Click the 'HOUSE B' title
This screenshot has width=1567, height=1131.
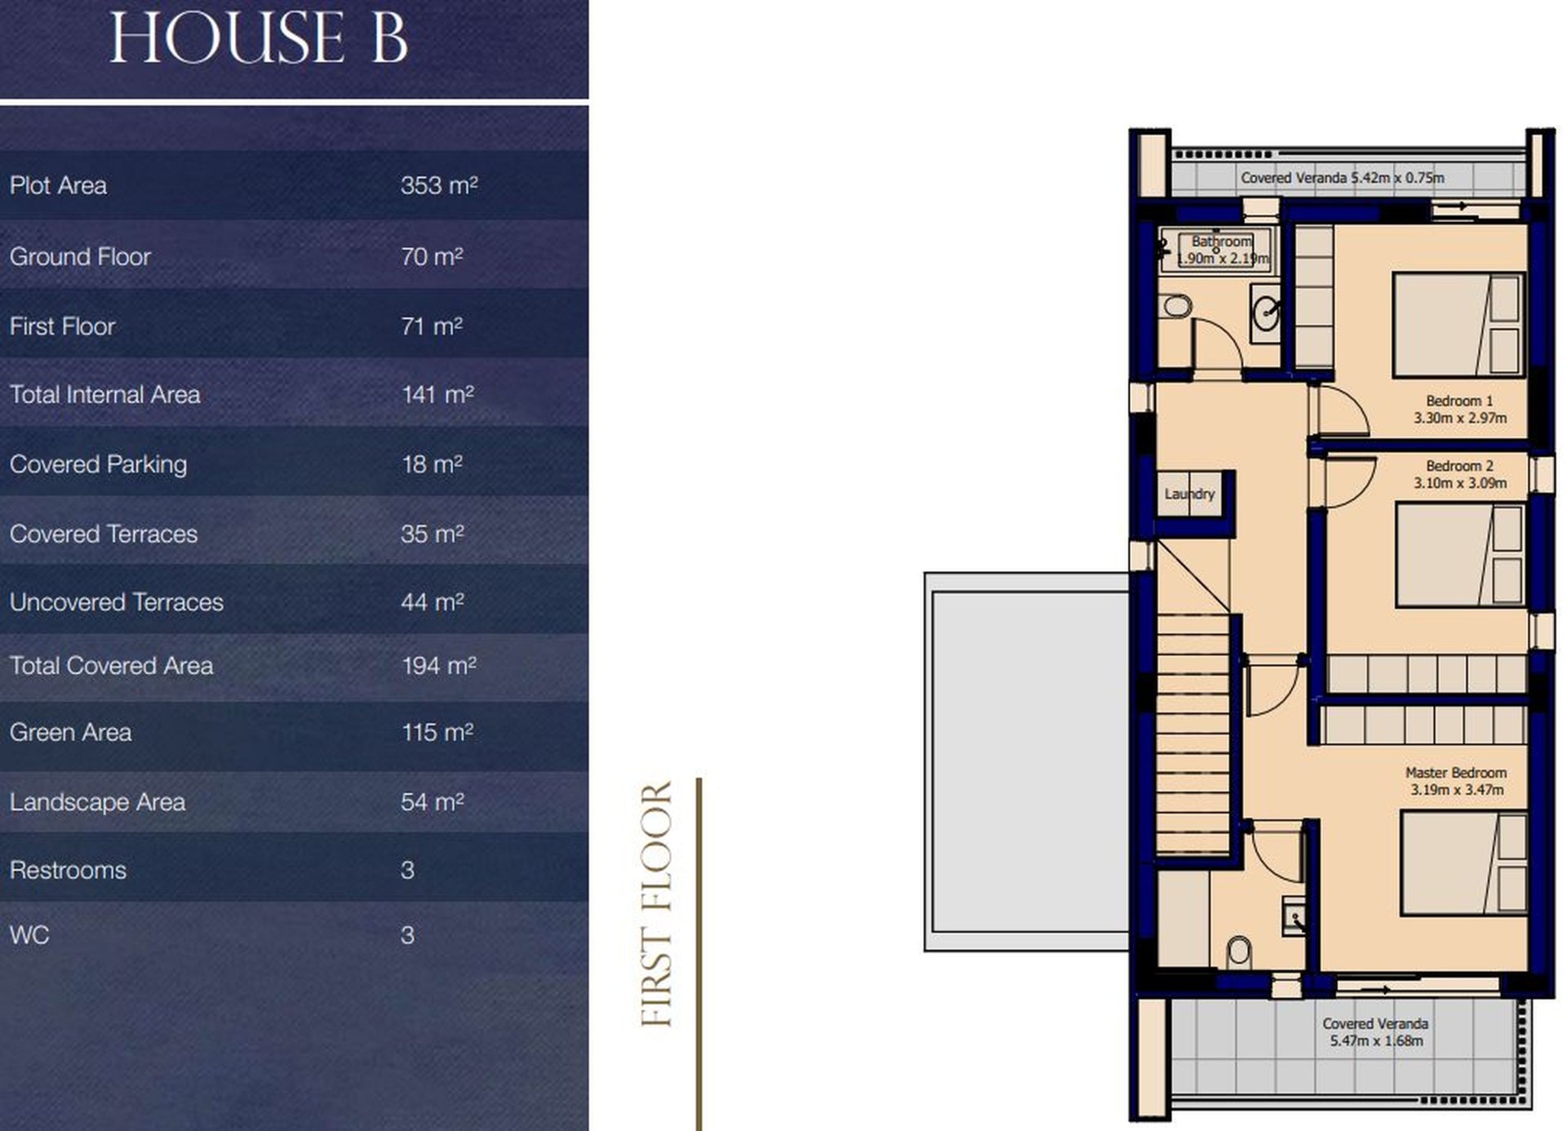pyautogui.click(x=259, y=38)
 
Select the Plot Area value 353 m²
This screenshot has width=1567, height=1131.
pyautogui.click(x=439, y=185)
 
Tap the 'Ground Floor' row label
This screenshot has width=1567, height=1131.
pyautogui.click(x=80, y=256)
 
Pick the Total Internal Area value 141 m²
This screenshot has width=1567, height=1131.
pyautogui.click(x=437, y=395)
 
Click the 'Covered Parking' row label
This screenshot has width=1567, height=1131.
pyautogui.click(x=98, y=464)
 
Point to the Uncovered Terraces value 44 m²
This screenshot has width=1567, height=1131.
pyautogui.click(x=432, y=602)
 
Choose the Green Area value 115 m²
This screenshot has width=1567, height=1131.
pyautogui.click(x=437, y=732)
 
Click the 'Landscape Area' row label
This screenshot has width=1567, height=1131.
pyautogui.click(x=97, y=802)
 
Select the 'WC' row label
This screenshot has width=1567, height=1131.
pyautogui.click(x=29, y=935)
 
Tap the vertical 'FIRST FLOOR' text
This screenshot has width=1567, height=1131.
pyautogui.click(x=656, y=904)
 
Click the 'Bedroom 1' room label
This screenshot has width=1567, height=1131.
pyautogui.click(x=1459, y=401)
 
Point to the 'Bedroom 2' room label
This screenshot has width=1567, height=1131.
pyautogui.click(x=1459, y=466)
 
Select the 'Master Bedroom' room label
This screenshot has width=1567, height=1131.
pyautogui.click(x=1456, y=772)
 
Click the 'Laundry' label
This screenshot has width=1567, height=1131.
pyautogui.click(x=1189, y=494)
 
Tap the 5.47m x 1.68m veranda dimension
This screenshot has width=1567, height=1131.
pyautogui.click(x=1376, y=1040)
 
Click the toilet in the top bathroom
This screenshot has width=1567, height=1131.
pyautogui.click(x=1176, y=307)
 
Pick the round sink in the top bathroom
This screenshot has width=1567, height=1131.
pyautogui.click(x=1267, y=313)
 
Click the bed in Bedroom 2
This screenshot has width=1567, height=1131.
pyautogui.click(x=1459, y=556)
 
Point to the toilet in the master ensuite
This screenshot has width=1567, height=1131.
pyautogui.click(x=1238, y=951)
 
